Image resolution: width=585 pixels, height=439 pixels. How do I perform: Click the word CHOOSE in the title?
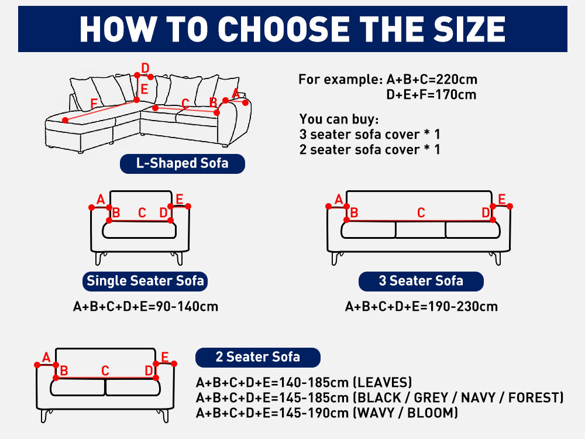tap(283, 29)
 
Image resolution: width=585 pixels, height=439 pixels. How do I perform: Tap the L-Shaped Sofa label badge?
tap(183, 163)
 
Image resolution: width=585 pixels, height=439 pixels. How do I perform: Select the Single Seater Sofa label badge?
tap(145, 281)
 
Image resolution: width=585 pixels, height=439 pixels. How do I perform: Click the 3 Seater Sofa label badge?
tap(421, 281)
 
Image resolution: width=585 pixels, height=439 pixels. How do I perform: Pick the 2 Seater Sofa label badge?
tap(258, 357)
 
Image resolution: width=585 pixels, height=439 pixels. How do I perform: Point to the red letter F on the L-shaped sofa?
tap(94, 104)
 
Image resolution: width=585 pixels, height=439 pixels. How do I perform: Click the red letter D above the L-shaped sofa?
tap(145, 68)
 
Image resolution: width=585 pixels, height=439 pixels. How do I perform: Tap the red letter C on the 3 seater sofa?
tap(421, 213)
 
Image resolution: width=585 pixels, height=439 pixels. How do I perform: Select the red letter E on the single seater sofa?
tap(180, 200)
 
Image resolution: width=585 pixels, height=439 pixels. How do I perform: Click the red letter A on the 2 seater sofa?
tap(46, 357)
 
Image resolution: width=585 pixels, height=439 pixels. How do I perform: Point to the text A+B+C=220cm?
tap(432, 80)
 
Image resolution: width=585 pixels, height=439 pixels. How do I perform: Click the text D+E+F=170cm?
tap(431, 95)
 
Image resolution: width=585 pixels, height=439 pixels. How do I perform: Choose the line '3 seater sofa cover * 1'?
tap(370, 135)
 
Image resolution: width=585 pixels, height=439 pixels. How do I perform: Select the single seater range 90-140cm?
tap(187, 307)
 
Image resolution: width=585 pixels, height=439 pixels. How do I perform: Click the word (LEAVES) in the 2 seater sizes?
tap(383, 383)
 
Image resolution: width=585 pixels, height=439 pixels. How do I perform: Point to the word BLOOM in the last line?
tap(432, 413)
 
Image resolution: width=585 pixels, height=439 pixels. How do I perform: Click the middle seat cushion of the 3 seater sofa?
tap(421, 230)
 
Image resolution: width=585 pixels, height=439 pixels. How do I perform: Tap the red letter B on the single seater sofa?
tap(116, 213)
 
